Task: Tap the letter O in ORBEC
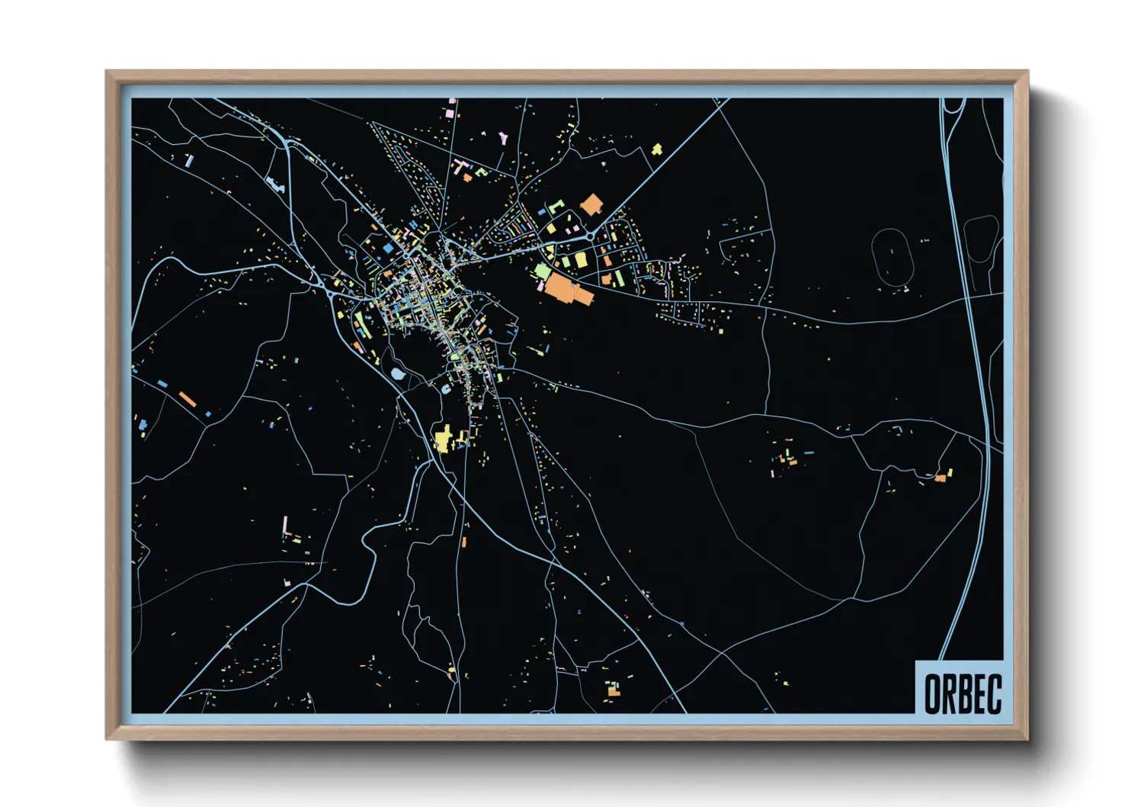pos(932,693)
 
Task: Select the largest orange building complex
pos(564,290)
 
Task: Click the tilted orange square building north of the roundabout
pos(591,204)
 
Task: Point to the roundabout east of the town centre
pos(591,236)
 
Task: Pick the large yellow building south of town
pos(443,439)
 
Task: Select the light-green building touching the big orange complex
pos(543,270)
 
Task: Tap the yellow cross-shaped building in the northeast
pos(657,149)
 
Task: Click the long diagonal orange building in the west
pos(187,399)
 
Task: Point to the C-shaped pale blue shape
pos(444,389)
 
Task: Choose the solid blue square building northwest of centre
pos(388,249)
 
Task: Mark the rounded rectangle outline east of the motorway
pos(981,240)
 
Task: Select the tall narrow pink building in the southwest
pos(286,525)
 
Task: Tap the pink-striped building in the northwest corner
pos(190,160)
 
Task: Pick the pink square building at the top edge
pos(450,113)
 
